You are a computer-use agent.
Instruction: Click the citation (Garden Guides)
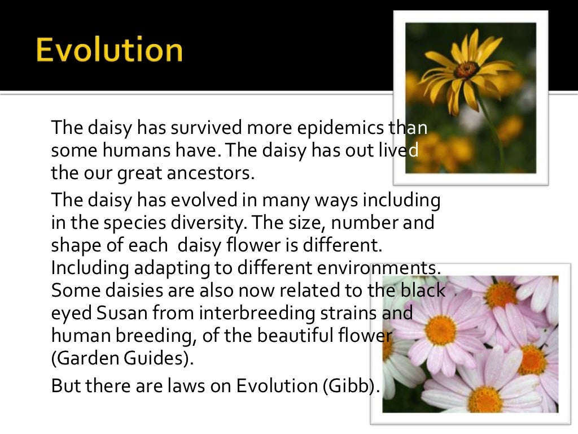tap(126, 358)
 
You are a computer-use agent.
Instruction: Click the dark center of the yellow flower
tap(466, 70)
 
